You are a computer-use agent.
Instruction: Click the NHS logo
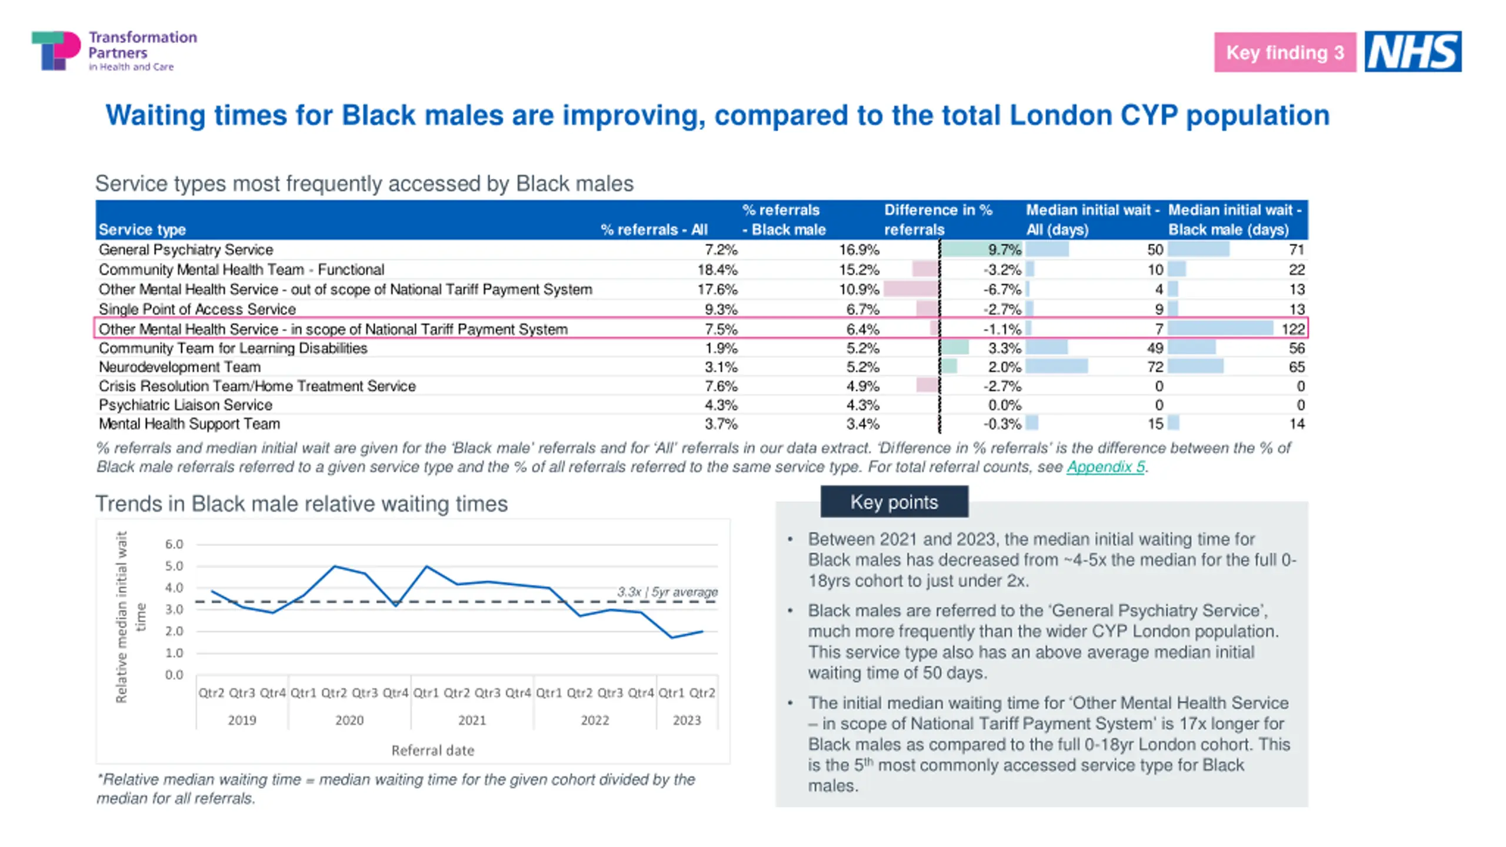click(1412, 52)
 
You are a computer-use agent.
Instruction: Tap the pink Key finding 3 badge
click(1285, 52)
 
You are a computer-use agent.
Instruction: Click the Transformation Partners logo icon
click(56, 51)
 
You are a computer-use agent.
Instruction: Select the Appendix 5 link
click(1105, 467)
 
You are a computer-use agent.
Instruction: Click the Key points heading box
click(894, 502)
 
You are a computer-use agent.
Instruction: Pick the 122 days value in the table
click(1293, 329)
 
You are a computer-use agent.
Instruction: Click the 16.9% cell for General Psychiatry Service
click(858, 250)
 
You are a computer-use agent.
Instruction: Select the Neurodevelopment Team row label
click(179, 367)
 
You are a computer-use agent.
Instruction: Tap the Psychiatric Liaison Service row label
click(185, 405)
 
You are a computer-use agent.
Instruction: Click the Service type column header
click(142, 229)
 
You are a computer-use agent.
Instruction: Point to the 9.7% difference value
click(1004, 250)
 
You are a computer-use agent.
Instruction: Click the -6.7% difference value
click(1002, 289)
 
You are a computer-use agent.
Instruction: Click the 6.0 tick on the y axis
click(174, 544)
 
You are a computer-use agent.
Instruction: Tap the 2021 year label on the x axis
click(472, 720)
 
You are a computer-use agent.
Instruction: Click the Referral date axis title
click(432, 751)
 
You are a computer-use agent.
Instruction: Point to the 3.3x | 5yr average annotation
click(667, 592)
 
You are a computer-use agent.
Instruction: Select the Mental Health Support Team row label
click(189, 423)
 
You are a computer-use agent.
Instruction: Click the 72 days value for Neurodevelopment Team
click(1155, 367)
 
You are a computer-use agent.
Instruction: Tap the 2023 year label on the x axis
click(687, 720)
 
